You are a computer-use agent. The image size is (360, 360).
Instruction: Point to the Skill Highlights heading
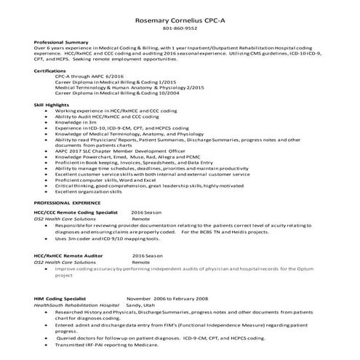pos(52,105)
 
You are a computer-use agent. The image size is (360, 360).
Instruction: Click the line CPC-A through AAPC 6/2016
pos(89,76)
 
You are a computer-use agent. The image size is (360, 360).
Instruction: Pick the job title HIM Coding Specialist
pos(60,298)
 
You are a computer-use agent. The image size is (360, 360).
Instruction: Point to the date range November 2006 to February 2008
pos(167,298)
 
